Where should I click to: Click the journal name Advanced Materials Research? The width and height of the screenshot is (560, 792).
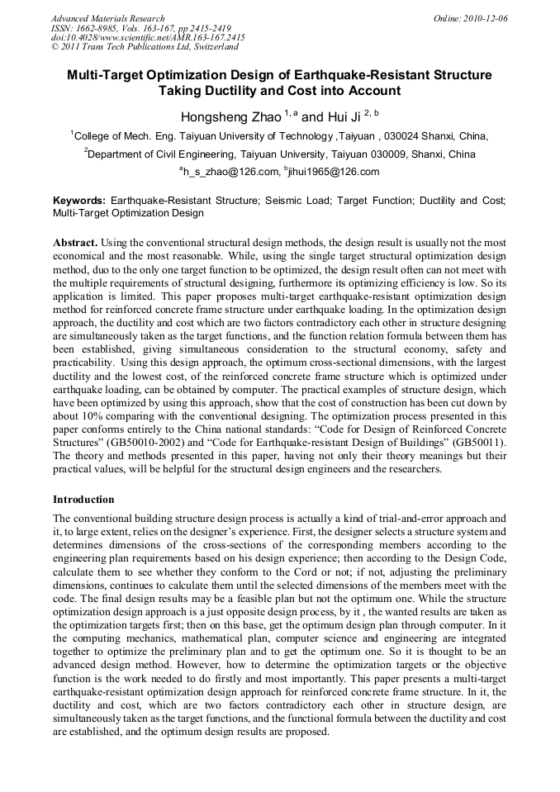point(108,18)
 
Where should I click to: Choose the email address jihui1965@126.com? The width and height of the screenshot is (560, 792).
point(334,173)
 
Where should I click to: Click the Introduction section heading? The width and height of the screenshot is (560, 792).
point(83,500)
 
